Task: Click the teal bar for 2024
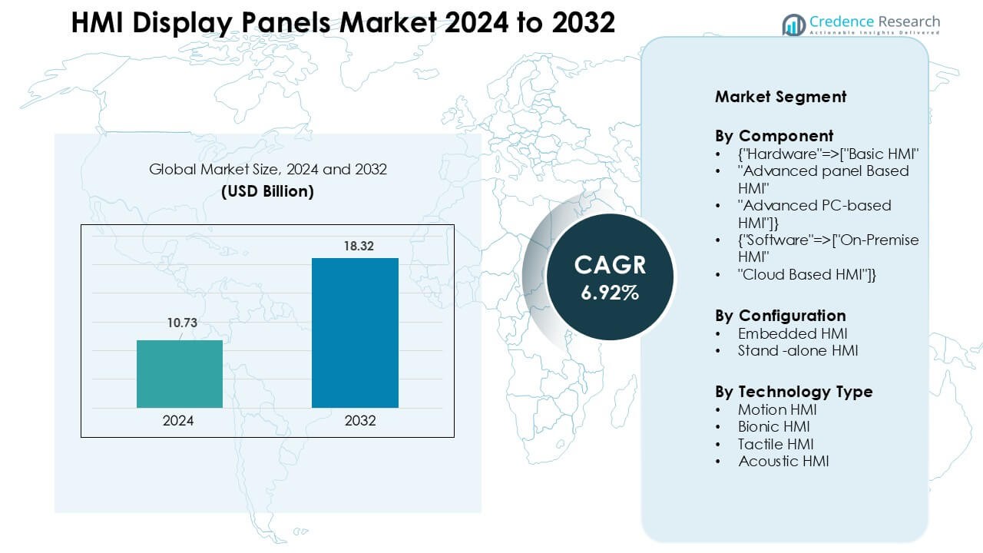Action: [x=180, y=374]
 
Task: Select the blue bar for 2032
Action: [x=355, y=333]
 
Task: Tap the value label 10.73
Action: [x=182, y=323]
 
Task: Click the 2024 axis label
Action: [x=178, y=421]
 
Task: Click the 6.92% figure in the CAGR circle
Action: [x=610, y=292]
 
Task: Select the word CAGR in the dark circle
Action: [x=610, y=265]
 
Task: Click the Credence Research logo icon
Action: [x=793, y=25]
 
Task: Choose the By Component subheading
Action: [x=774, y=137]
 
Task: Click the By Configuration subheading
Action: [x=780, y=316]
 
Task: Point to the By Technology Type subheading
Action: [x=793, y=392]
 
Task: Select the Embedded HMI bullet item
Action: [x=793, y=333]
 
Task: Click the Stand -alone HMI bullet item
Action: [x=798, y=351]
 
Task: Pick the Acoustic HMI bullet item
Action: [x=783, y=462]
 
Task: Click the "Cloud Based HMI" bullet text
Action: [x=807, y=274]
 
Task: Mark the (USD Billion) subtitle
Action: [x=267, y=192]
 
